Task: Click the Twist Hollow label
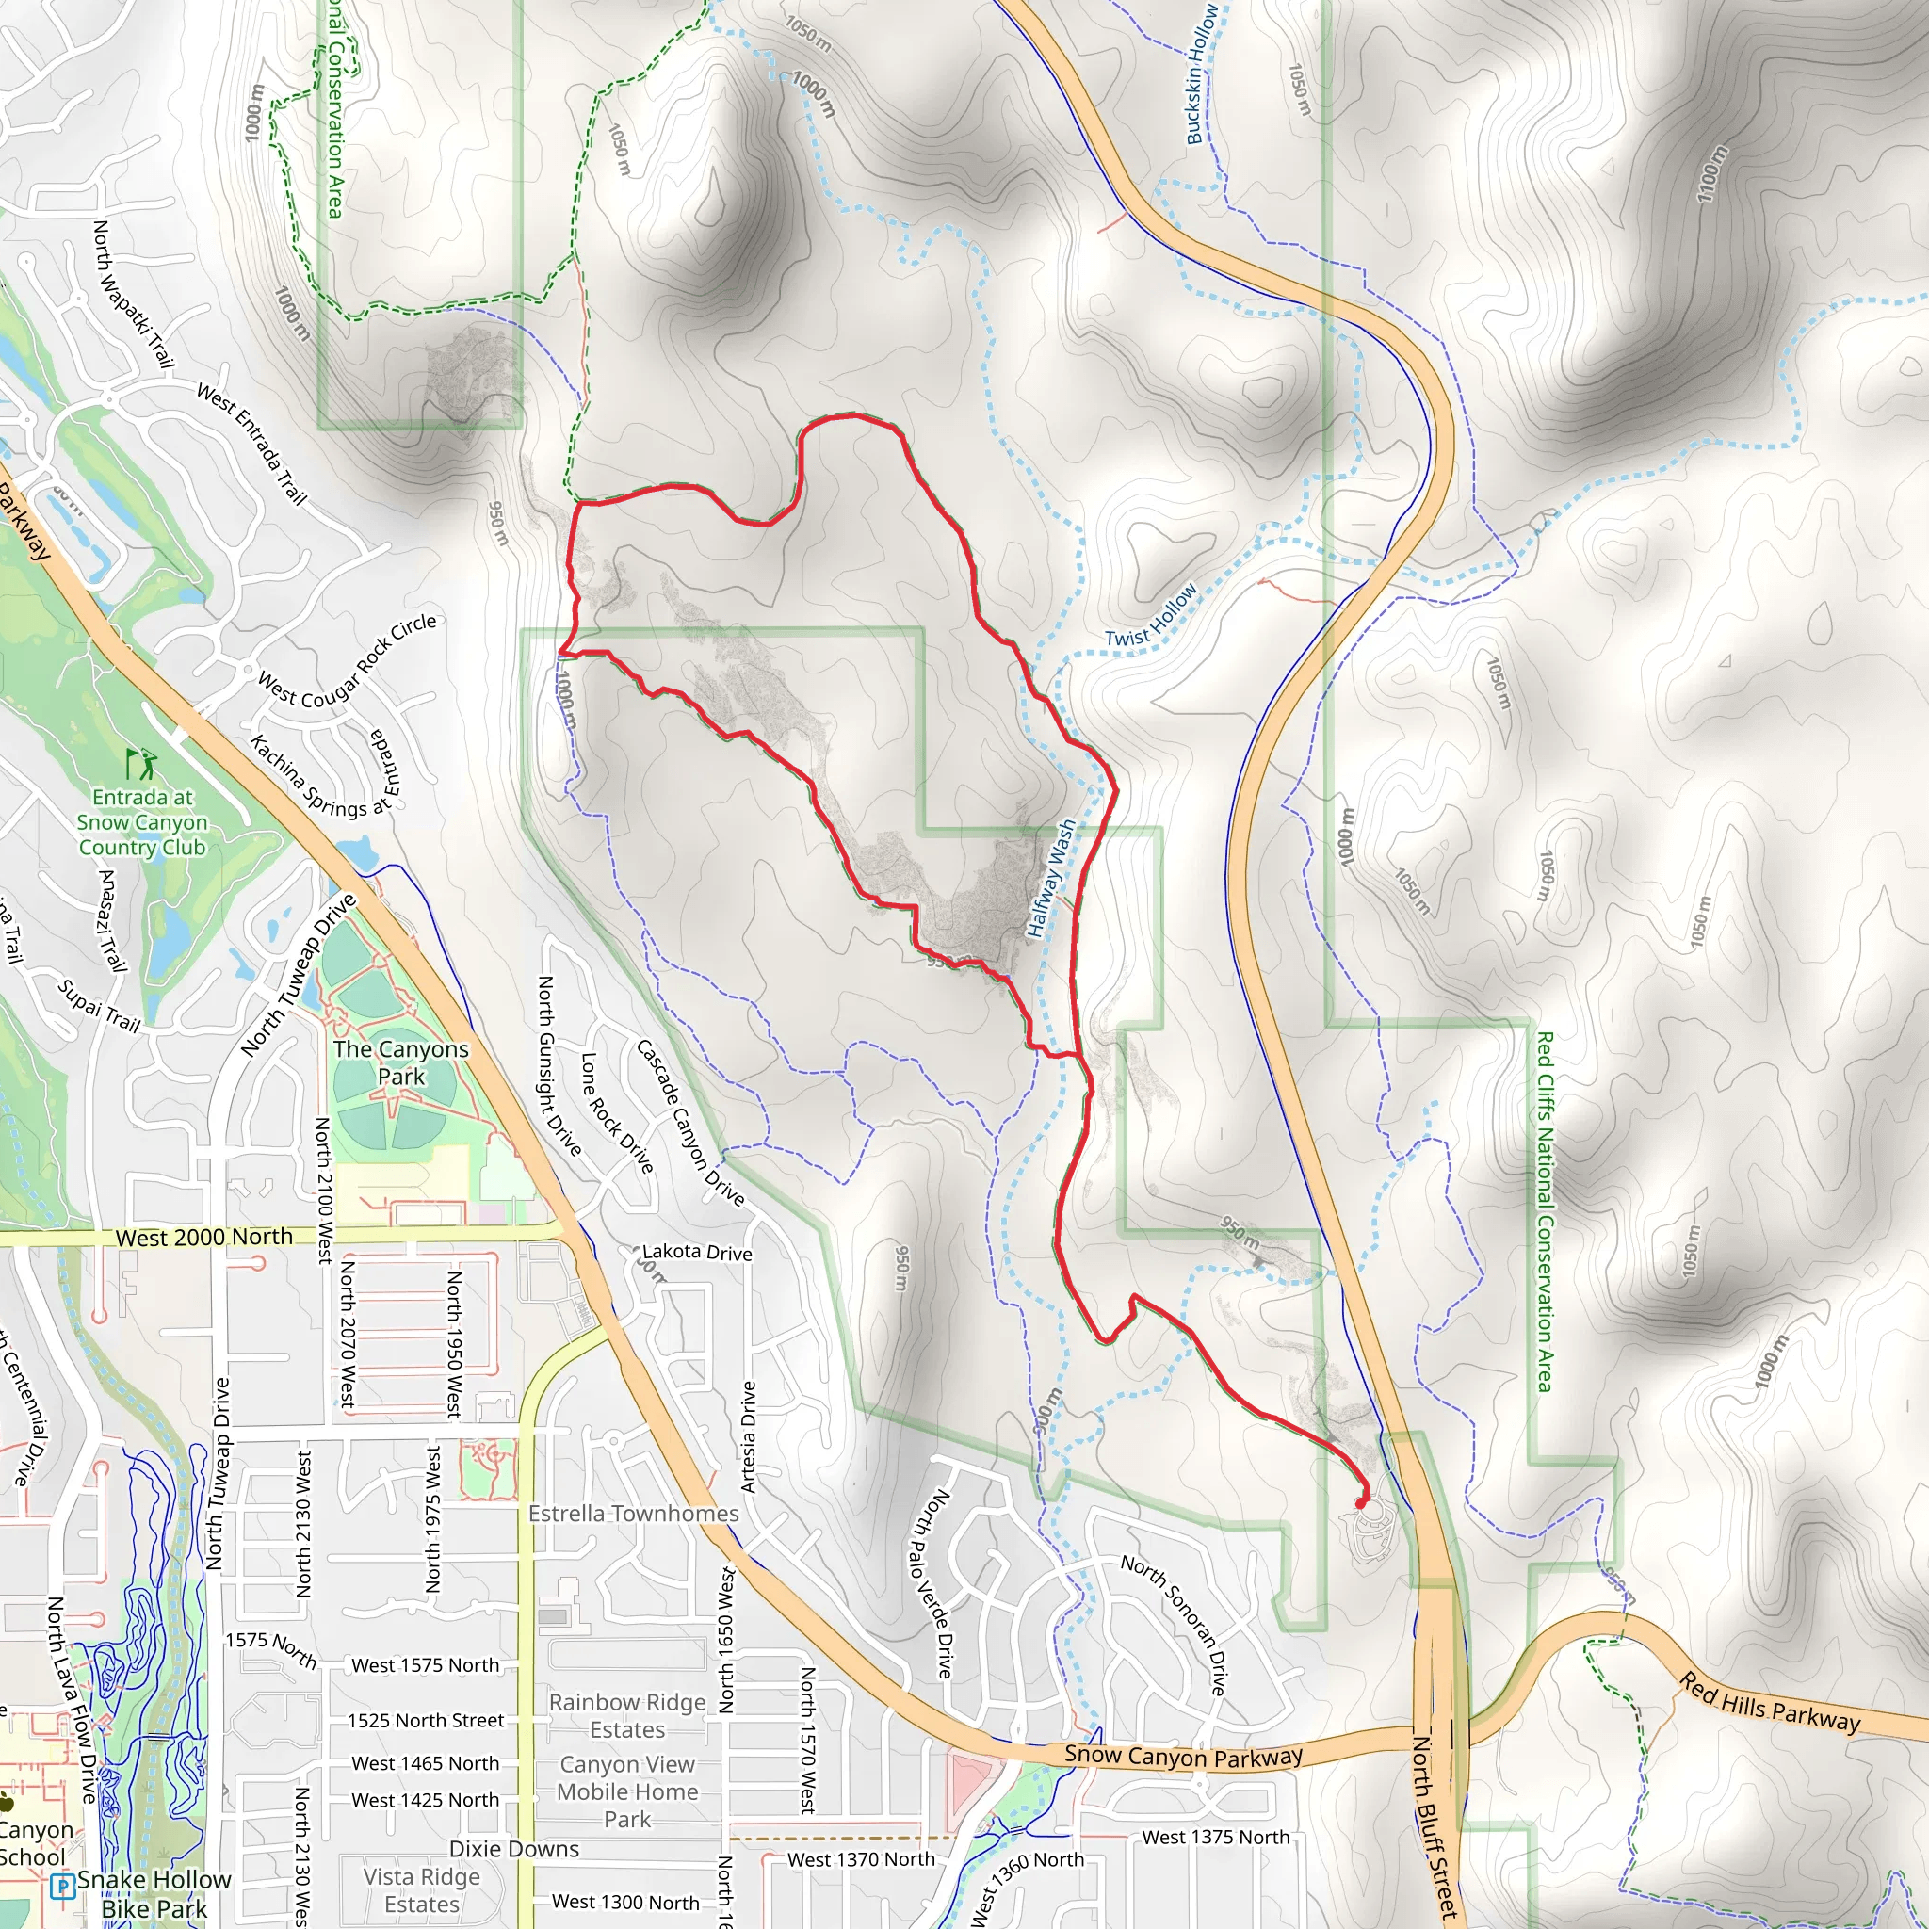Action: click(1150, 617)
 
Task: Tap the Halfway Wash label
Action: click(1051, 879)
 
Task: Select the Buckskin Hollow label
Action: click(1201, 75)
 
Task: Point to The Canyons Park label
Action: click(400, 1062)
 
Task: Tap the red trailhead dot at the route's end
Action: click(1361, 1502)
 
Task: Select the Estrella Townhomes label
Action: click(633, 1514)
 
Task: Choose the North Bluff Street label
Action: click(1435, 1827)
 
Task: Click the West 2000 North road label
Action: click(203, 1238)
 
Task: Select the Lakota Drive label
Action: click(697, 1252)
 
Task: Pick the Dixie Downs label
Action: click(513, 1849)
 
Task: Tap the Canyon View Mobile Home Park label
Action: click(627, 1792)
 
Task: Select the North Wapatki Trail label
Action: click(133, 295)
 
